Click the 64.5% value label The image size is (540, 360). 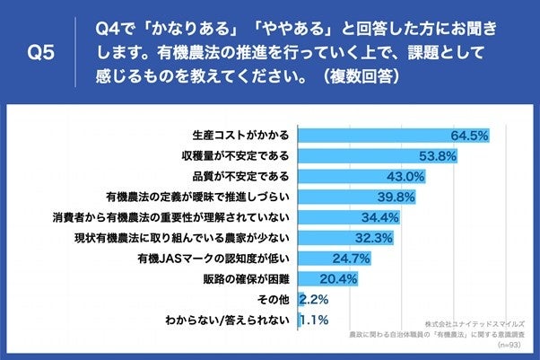pos(468,136)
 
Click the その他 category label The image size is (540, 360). pos(273,299)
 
